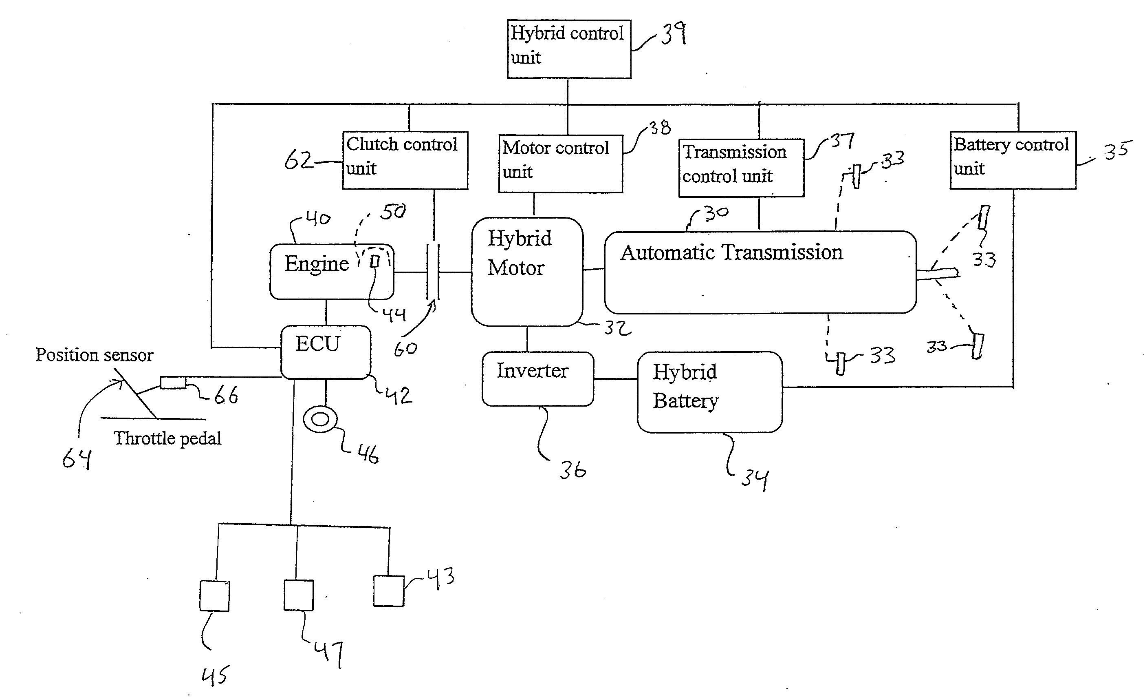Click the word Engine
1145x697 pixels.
(x=317, y=264)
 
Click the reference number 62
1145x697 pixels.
(x=298, y=160)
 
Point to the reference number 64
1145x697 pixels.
(x=77, y=459)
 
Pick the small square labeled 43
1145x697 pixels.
(x=388, y=591)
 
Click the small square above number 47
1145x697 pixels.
(x=298, y=595)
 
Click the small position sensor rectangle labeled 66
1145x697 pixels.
(x=173, y=383)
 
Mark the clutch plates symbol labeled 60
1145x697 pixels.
(x=433, y=272)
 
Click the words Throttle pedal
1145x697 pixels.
(x=167, y=438)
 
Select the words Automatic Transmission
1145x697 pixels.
(x=731, y=252)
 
